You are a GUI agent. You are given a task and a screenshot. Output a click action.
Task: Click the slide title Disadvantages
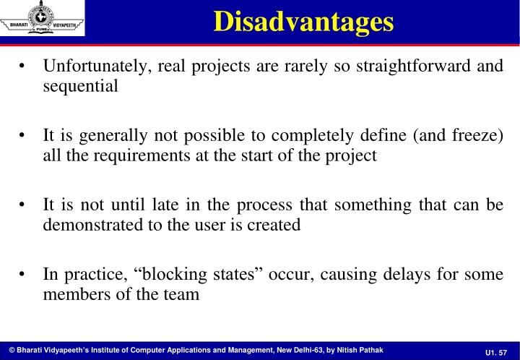click(304, 21)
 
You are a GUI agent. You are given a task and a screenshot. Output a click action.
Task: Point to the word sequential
click(80, 86)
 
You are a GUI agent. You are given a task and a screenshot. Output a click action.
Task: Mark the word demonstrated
click(89, 225)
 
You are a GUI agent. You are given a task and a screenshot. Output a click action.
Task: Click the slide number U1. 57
click(496, 351)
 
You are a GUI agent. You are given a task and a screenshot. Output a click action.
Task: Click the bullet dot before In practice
click(25, 275)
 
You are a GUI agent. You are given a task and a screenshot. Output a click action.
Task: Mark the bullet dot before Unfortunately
click(25, 67)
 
